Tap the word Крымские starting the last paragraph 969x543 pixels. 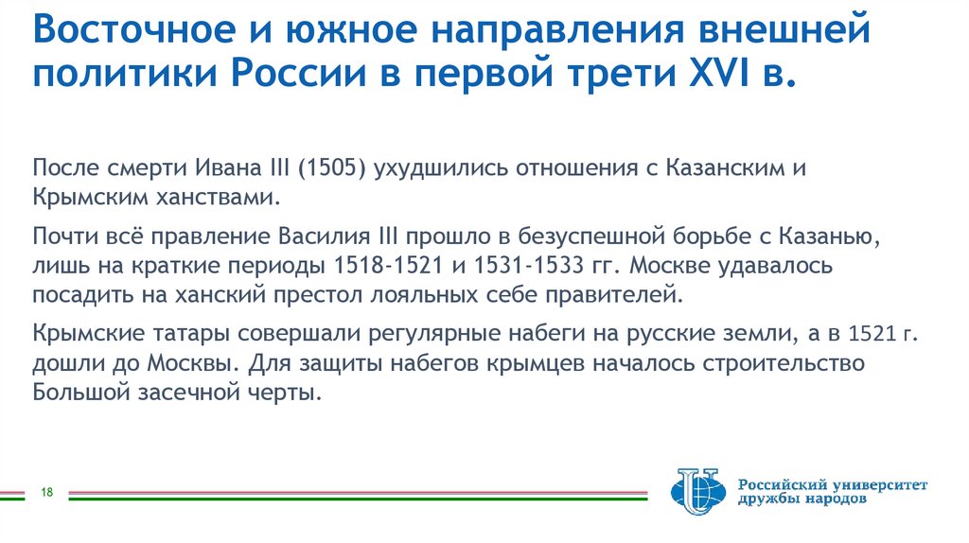[90, 334]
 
